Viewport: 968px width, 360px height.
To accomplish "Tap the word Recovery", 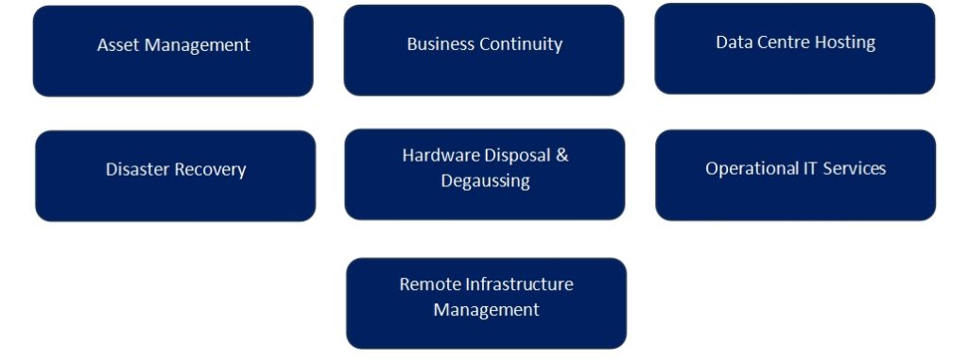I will [x=214, y=170].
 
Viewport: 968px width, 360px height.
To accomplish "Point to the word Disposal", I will [x=519, y=156].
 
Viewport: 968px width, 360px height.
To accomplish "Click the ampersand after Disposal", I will [x=562, y=156].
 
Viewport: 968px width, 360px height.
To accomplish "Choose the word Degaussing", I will [x=486, y=180].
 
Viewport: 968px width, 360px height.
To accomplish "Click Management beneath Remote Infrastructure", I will [x=486, y=309].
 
